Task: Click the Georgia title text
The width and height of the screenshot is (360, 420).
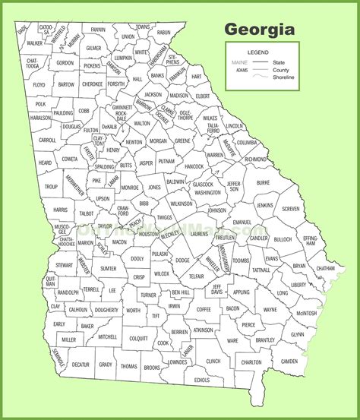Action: point(258,30)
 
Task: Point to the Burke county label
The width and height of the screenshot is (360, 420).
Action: point(263,182)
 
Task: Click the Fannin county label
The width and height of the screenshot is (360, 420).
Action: point(98,30)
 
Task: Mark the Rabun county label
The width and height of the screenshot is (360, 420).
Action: point(163,33)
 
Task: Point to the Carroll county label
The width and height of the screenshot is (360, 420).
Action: point(47,140)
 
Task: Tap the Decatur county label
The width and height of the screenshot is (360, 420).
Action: point(80,365)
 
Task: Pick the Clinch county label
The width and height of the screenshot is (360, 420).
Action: point(213,362)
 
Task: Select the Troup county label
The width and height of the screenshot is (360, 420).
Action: point(51,186)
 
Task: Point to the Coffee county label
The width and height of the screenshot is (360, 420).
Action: point(204,309)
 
